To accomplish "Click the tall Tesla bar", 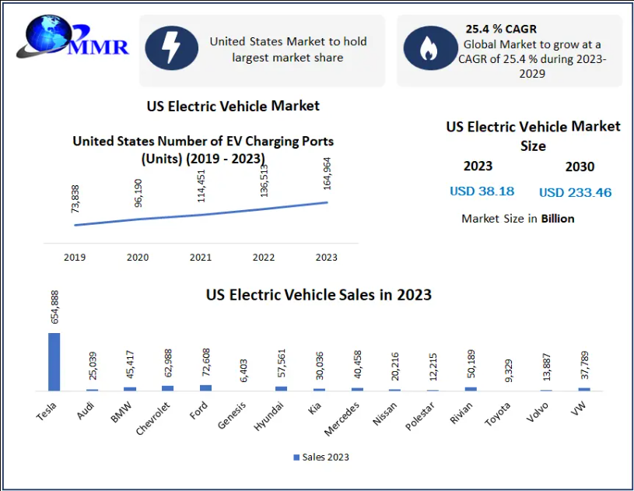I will tap(54, 361).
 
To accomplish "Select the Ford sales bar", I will tap(205, 388).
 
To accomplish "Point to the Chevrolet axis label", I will tap(155, 418).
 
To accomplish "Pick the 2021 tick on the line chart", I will tap(201, 257).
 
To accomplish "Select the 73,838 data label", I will tap(75, 199).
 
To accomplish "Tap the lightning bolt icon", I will tap(171, 48).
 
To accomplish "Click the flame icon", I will tap(428, 49).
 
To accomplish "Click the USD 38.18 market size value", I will tap(482, 191).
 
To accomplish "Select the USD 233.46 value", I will tap(575, 192).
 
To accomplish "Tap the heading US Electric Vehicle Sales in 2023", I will tap(318, 295).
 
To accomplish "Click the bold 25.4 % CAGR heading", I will tap(501, 29).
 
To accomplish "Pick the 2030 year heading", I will tap(579, 167).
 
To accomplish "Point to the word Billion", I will tap(558, 219).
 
